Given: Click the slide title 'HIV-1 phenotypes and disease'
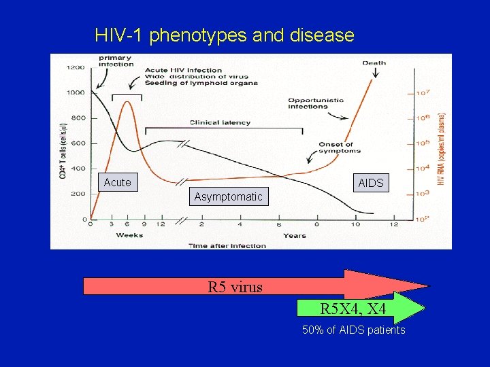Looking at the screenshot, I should point(225,35).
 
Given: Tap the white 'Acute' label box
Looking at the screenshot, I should point(117,182).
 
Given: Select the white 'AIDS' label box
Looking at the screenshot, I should point(370,183).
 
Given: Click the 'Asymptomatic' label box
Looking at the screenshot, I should point(228,197).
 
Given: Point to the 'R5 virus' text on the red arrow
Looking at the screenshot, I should point(235,287).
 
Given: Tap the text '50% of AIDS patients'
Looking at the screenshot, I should point(353,330).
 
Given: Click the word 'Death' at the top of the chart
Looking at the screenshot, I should point(374,63).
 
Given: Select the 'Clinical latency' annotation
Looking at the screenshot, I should point(220,123).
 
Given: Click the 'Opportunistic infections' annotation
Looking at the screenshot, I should point(316,103).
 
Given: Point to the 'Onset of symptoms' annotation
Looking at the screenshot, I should point(336,147).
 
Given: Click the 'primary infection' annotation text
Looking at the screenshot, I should point(115,61).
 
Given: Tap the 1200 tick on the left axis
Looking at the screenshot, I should point(76,67).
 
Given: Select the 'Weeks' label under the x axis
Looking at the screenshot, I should point(129,235).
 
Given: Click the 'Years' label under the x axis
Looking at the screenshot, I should point(295,235).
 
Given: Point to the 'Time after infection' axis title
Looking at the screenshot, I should point(227,245).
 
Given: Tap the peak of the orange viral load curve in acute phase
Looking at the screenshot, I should point(126,102).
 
